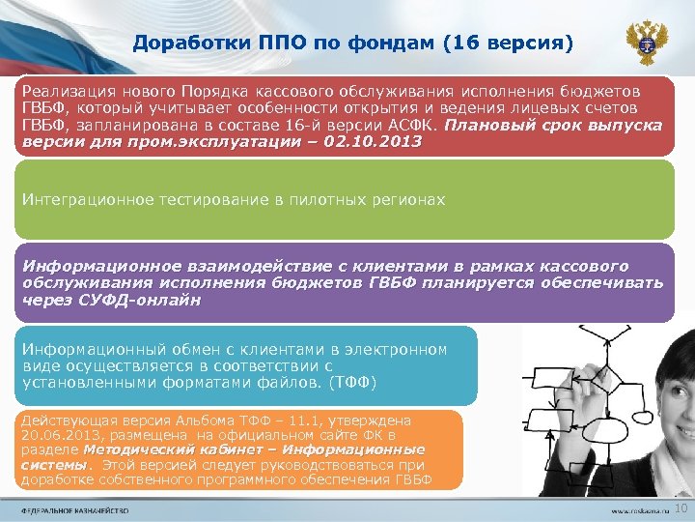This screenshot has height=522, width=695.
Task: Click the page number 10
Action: pyautogui.click(x=680, y=508)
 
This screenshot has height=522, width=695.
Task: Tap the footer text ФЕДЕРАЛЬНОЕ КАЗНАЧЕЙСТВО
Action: pyautogui.click(x=76, y=509)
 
